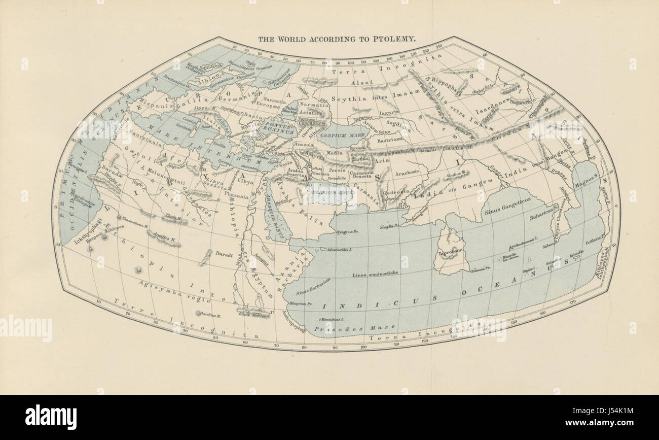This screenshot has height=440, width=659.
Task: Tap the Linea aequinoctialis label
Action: point(375,274)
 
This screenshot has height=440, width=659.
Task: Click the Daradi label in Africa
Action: point(224,253)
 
